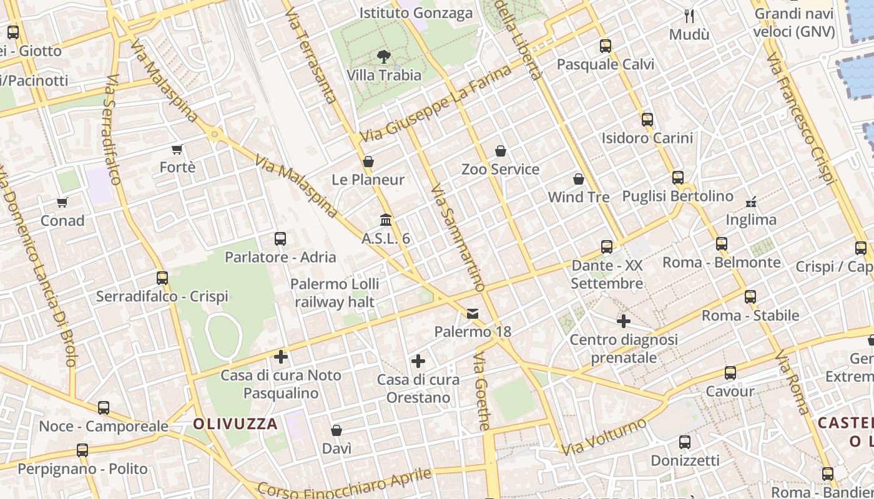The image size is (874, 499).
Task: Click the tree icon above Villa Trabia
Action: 383,57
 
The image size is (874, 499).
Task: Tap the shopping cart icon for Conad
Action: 62,202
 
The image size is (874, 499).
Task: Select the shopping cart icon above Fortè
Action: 177,149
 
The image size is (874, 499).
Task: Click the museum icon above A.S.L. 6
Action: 386,220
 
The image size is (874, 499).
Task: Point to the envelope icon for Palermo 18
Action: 473,314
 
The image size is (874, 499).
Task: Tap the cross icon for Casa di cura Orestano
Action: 418,361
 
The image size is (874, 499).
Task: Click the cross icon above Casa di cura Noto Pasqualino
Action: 281,357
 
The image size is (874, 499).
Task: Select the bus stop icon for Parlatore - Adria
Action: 280,239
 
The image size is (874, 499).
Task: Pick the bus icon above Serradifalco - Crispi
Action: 162,278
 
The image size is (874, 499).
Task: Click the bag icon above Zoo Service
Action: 500,151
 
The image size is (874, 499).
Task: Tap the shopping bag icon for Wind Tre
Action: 579,179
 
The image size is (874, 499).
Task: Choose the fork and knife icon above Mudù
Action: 689,16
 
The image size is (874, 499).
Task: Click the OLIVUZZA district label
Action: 235,424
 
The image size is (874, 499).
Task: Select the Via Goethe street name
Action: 482,392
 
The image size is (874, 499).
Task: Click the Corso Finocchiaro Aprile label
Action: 345,484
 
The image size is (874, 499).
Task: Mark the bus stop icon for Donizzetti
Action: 685,442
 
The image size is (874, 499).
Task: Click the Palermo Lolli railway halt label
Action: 335,293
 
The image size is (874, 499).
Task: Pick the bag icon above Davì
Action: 336,430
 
